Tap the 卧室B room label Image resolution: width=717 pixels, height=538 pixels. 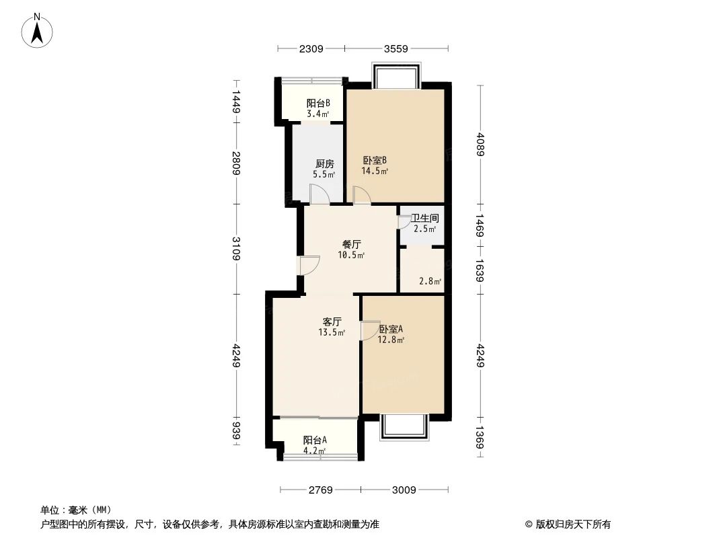click(375, 161)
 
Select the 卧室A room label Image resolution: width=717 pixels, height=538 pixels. click(390, 330)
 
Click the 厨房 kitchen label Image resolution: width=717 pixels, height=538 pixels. click(324, 163)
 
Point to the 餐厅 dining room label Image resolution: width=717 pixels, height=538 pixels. click(351, 245)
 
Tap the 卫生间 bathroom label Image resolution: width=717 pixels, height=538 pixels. click(425, 218)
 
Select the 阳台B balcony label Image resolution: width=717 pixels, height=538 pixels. click(318, 104)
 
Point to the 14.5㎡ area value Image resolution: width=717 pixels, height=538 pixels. click(375, 171)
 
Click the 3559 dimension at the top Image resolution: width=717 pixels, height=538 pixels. click(396, 48)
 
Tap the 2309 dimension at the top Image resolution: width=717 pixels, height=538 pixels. click(311, 48)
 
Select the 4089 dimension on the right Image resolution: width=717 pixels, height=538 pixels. click(480, 144)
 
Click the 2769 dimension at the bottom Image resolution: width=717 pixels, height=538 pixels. click(321, 490)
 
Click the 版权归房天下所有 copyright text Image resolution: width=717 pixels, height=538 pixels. click(568, 524)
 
